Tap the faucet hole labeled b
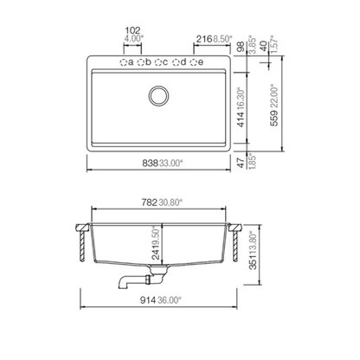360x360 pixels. click(142, 63)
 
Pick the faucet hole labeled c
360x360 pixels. click(160, 63)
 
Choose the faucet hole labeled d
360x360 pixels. click(178, 63)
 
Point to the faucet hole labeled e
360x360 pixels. click(195, 63)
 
